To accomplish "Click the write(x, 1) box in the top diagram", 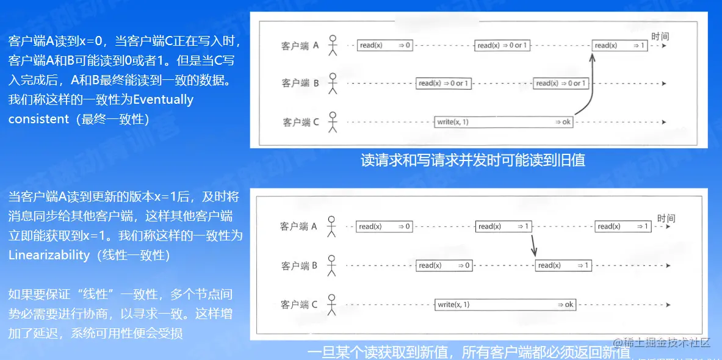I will [504, 122].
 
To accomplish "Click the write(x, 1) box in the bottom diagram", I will [505, 304].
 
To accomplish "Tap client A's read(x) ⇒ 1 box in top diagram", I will [620, 45].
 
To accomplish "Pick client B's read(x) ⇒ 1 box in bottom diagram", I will [563, 265].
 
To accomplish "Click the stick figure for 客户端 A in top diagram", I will [333, 46].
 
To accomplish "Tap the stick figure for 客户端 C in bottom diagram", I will [332, 304].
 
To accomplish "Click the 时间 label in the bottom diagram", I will [666, 218].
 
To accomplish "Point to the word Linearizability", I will [49, 254].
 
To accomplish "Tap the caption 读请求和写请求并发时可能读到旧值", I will [473, 160].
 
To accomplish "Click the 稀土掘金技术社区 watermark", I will [662, 342].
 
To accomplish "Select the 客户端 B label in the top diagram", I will [300, 84].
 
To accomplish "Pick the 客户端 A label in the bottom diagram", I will [299, 226].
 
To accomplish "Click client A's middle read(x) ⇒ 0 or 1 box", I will [502, 45].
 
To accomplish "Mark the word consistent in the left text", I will [38, 119].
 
